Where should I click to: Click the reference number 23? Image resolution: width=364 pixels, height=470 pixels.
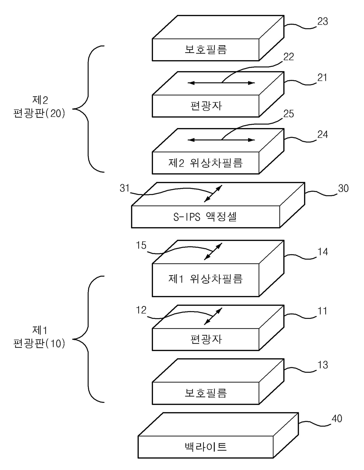pos(322,21)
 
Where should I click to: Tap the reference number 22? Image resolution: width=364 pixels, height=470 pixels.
pos(288,57)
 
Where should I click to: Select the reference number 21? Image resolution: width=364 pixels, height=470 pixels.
pos(322,78)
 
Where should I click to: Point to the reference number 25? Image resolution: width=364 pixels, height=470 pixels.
pos(289,114)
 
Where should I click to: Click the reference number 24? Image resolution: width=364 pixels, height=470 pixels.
pos(323,134)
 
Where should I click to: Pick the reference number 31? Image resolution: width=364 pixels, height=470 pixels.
pos(124,188)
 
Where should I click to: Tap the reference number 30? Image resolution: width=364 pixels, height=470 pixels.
pos(343,188)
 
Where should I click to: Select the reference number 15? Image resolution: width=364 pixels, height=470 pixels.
pos(141,245)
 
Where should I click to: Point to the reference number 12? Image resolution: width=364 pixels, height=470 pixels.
pos(141,310)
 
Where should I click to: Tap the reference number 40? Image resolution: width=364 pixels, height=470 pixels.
pos(337,419)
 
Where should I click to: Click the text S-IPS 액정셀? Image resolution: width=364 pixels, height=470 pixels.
pos(205,217)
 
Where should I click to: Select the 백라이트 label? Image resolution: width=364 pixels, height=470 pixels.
pos(205,447)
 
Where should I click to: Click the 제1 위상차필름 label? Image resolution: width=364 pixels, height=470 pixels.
pos(205,279)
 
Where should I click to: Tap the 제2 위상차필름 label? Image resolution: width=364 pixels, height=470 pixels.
pos(205,163)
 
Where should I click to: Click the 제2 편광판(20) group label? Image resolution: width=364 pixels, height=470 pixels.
pos(39,107)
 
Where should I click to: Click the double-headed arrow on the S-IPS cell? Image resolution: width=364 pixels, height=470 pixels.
pos(213,193)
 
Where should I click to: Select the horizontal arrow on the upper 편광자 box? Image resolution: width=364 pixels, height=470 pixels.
pos(221,82)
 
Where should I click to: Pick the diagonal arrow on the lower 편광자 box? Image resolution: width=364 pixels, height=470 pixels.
pos(213,316)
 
